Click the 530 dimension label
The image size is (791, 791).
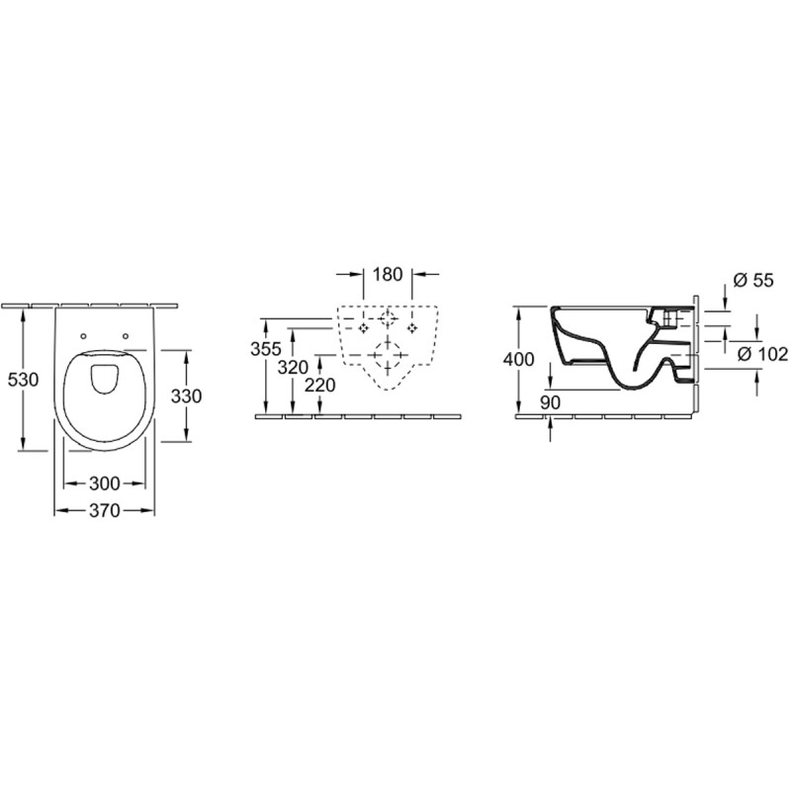point(23,379)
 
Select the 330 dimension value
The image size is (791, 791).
point(186,396)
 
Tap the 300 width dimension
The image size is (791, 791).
point(105,483)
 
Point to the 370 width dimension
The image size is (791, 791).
point(105,511)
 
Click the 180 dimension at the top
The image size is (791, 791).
point(388,275)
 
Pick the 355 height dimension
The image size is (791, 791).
point(266,349)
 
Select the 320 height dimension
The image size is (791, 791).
point(293,367)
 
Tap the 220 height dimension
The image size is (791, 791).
point(319,386)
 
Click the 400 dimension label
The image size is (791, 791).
point(518,359)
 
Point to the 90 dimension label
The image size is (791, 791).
point(550,402)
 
